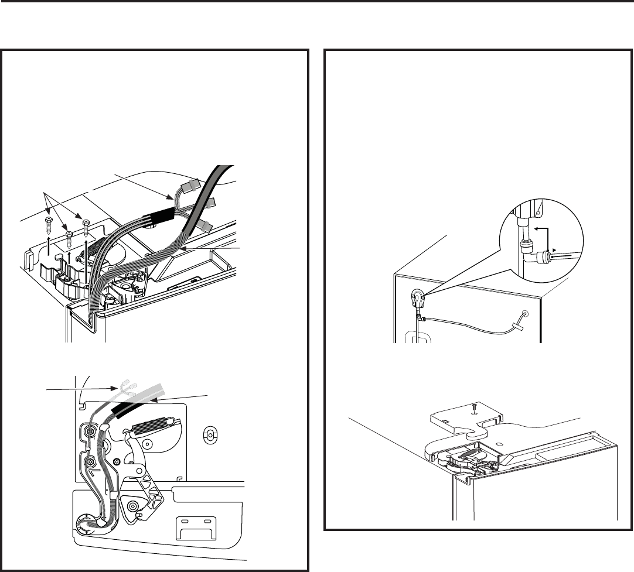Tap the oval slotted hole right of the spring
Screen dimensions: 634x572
click(209, 434)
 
